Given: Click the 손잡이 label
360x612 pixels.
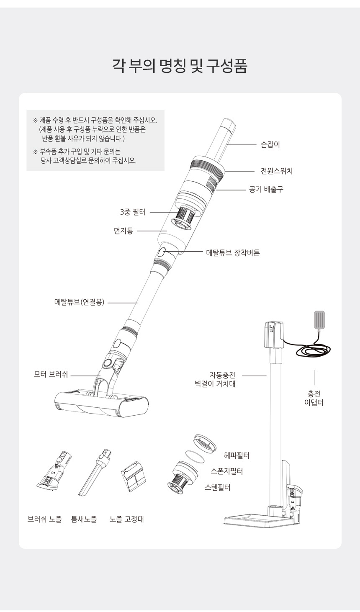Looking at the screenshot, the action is pos(270,144).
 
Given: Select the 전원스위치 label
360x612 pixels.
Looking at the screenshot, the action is pos(277,171).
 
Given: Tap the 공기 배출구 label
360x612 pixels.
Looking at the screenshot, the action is pos(266,189).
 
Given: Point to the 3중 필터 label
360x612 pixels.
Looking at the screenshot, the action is pos(133,212).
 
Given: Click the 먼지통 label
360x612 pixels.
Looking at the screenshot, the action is pos(123,231).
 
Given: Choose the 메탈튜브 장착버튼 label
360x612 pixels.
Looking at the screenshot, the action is pos(233,253).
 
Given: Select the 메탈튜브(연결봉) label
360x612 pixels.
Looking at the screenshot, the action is pos(79,302).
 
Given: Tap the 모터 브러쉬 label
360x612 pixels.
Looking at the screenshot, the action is pos(51,374).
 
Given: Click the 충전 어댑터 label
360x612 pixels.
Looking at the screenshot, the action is pos(314,398).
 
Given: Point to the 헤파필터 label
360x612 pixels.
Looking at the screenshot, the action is pos(237,455).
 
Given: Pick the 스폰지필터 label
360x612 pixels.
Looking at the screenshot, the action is pos(227,471).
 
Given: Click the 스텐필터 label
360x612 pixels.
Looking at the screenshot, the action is pos(217,487).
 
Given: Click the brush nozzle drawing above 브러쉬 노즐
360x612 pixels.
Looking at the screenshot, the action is pos(55,471).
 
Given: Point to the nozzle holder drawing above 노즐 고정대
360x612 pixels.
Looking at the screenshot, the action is pos(133,476).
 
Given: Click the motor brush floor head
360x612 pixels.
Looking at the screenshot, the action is pos(101,402).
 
